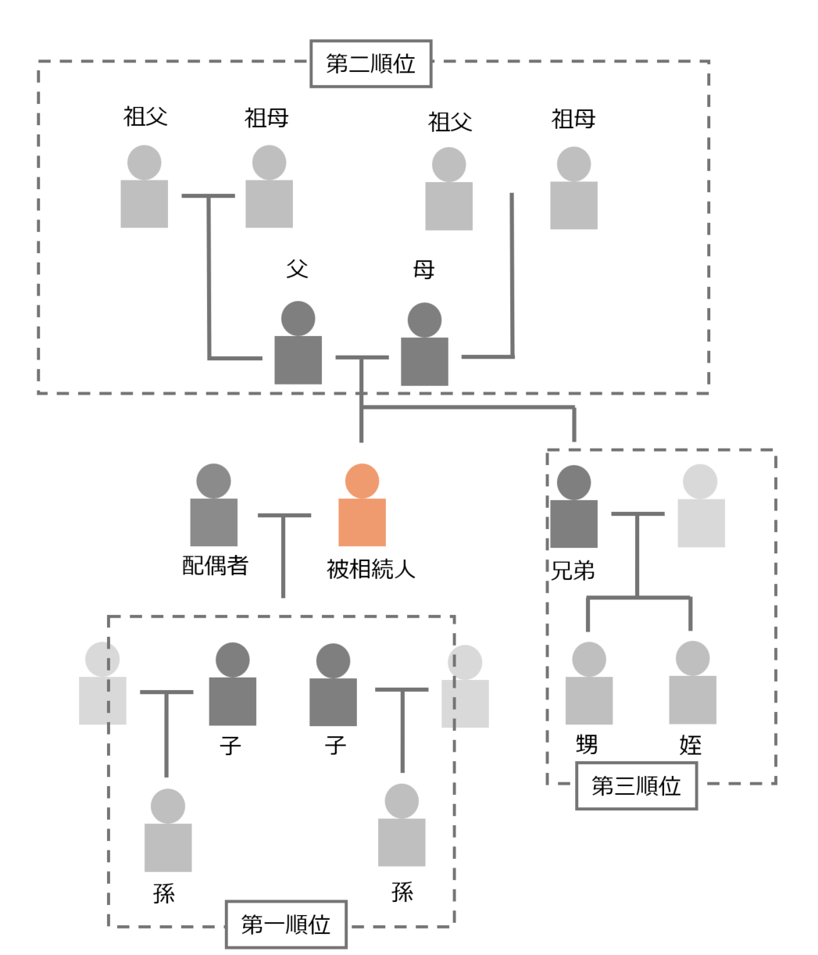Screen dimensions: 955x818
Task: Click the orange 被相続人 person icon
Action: [362, 508]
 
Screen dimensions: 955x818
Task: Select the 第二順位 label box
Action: [370, 64]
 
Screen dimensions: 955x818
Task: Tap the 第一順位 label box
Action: [285, 925]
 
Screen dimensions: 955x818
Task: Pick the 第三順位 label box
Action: [636, 786]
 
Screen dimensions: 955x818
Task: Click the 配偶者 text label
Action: [215, 566]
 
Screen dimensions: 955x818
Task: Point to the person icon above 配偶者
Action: [213, 506]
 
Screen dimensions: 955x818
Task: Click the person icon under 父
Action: [298, 345]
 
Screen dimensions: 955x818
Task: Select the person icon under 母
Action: [424, 346]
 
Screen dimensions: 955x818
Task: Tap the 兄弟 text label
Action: [573, 571]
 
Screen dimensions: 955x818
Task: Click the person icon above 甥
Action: [588, 685]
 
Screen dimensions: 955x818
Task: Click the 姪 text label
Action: [691, 745]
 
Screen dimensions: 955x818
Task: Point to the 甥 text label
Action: [587, 745]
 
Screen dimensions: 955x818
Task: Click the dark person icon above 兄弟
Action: [573, 508]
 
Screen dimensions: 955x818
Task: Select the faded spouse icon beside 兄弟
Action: [701, 507]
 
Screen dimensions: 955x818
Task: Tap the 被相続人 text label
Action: [370, 569]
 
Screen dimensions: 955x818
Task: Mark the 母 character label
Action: [423, 270]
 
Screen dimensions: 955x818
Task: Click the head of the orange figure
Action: [362, 481]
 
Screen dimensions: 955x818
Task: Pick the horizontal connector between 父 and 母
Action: [362, 357]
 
